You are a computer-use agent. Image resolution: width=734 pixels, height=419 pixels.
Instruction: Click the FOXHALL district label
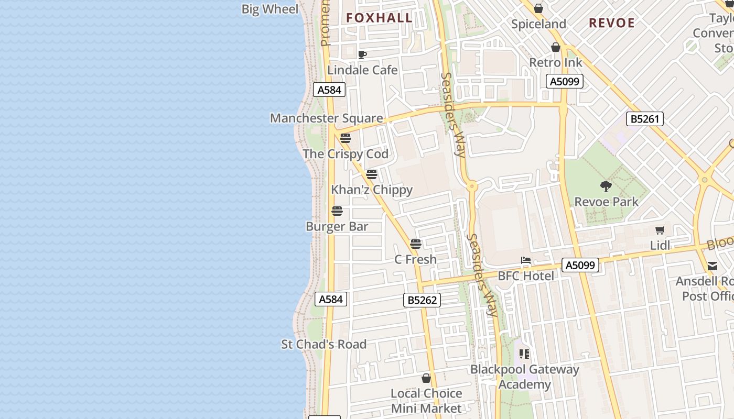379,18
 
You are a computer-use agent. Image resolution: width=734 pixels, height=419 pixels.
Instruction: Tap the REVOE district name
611,23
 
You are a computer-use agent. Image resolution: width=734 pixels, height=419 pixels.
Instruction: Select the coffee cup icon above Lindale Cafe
362,54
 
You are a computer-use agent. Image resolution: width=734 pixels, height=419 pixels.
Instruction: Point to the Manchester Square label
326,118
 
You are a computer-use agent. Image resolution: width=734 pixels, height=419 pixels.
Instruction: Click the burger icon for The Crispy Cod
345,138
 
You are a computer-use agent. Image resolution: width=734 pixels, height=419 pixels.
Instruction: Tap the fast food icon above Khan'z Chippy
372,174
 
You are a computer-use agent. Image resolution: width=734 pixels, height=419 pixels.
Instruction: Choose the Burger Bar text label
337,227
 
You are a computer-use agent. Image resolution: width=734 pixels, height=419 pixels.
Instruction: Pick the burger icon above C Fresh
416,244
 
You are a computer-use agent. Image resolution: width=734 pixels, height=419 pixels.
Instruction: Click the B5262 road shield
422,300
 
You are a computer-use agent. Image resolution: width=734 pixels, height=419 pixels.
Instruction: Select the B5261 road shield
644,119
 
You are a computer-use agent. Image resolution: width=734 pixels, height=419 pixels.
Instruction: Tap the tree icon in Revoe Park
606,186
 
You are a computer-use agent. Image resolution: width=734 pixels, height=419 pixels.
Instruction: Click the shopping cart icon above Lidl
660,230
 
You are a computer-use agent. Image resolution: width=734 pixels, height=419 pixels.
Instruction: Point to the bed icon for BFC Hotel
525,260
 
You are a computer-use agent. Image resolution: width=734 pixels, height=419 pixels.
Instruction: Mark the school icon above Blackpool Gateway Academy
524,354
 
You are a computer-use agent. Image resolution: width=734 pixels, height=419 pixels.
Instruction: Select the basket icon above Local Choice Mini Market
426,378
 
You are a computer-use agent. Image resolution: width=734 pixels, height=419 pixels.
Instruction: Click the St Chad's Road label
323,344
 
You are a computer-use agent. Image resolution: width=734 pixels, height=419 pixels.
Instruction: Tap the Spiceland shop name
538,24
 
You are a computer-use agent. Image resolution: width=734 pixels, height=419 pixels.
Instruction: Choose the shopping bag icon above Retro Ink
556,48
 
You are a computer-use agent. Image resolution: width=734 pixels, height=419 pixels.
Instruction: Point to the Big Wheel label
269,9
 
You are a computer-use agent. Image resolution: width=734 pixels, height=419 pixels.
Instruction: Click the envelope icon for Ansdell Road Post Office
713,266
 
